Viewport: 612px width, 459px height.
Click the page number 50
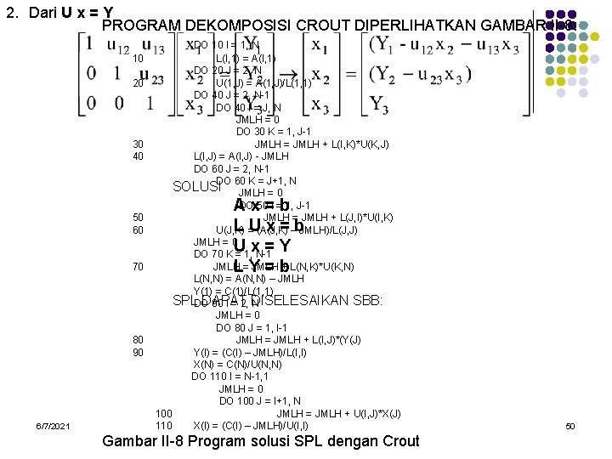coord(570,426)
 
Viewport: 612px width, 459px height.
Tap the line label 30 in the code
coord(138,144)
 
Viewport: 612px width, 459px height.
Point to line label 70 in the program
coord(138,267)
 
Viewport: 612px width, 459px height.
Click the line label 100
coord(164,414)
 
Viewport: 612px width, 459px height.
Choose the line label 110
coord(164,425)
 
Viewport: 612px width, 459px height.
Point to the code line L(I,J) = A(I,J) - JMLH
coord(241,156)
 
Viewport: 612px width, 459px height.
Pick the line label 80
coord(138,340)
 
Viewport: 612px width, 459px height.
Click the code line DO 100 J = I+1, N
coord(260,401)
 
